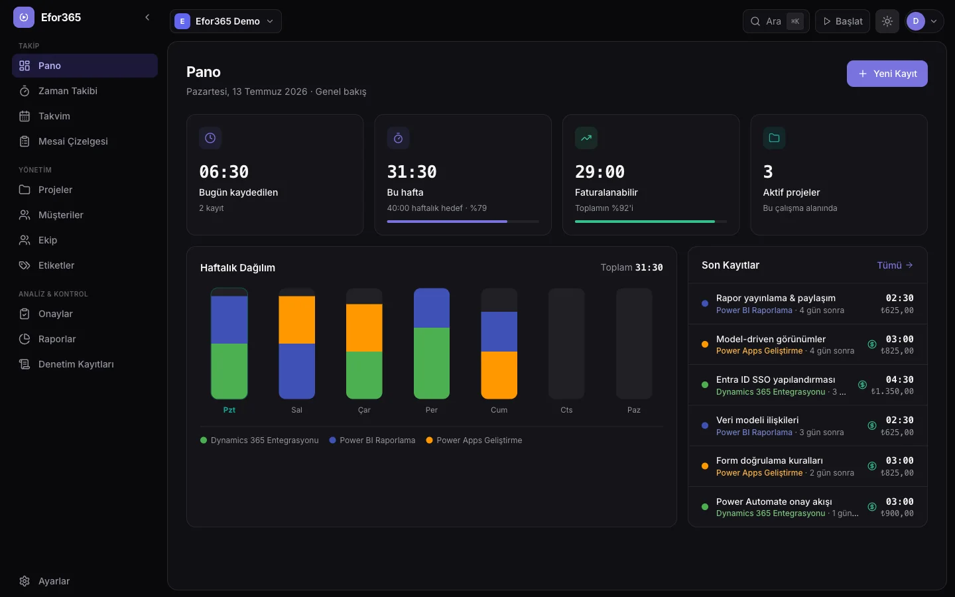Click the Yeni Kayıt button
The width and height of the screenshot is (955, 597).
pyautogui.click(x=887, y=74)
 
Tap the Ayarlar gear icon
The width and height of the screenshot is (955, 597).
pyautogui.click(x=25, y=581)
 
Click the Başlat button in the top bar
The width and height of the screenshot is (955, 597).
pyautogui.click(x=842, y=21)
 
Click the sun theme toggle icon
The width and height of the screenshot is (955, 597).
pyautogui.click(x=887, y=21)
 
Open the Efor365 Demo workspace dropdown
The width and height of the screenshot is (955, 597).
pyautogui.click(x=225, y=21)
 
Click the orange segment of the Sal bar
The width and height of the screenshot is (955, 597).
pyautogui.click(x=296, y=320)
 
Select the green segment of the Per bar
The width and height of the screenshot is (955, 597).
pyautogui.click(x=432, y=364)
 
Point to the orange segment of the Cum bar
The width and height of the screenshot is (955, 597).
pyautogui.click(x=499, y=375)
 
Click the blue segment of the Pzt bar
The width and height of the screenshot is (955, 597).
pyautogui.click(x=229, y=320)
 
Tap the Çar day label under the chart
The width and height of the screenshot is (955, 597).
pyautogui.click(x=364, y=410)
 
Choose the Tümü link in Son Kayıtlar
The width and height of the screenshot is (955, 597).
pyautogui.click(x=895, y=265)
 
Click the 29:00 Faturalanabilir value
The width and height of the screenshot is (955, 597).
pyautogui.click(x=600, y=172)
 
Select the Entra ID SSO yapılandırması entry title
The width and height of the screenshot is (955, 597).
pyautogui.click(x=775, y=379)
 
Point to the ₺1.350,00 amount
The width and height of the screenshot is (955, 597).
pyautogui.click(x=893, y=391)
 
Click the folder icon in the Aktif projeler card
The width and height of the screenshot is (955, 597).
pyautogui.click(x=774, y=138)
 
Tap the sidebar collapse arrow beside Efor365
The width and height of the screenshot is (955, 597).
pyautogui.click(x=147, y=17)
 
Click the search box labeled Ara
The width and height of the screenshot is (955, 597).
pyautogui.click(x=776, y=21)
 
